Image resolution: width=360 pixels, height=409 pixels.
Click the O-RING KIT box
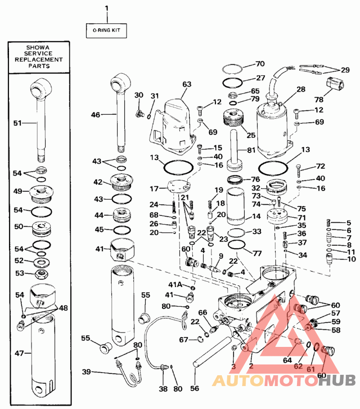point(107,31)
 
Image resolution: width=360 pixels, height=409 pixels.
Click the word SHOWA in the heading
point(38,48)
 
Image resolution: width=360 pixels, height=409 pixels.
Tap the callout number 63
point(187,84)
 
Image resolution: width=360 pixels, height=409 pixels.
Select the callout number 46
point(95,114)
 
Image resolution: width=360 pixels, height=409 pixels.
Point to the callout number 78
point(319,99)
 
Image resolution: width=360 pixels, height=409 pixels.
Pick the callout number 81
point(251,150)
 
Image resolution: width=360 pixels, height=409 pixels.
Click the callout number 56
point(194,388)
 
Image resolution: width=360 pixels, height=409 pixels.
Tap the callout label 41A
point(175,284)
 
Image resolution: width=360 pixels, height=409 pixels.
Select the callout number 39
point(86,372)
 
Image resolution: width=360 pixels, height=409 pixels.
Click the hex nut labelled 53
point(42,274)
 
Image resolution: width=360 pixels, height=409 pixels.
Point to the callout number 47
point(19,353)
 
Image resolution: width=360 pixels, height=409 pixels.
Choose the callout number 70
point(260,63)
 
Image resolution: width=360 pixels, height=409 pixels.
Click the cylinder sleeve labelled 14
point(235,207)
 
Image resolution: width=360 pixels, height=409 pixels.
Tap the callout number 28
point(301,89)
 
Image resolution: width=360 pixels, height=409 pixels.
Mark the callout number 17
point(154,189)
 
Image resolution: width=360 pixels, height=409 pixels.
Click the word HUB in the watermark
point(337,380)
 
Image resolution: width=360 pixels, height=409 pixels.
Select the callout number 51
point(18,123)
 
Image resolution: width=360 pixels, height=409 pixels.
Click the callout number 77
point(257,253)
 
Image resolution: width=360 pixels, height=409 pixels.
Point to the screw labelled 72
point(299,171)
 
